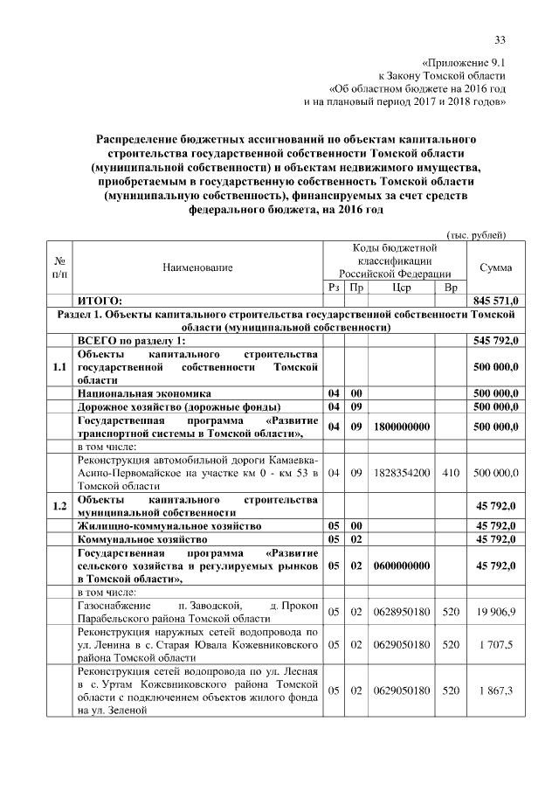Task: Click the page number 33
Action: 500,39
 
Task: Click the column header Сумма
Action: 496,267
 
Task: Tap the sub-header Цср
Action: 402,287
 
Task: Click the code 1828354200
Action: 402,472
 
